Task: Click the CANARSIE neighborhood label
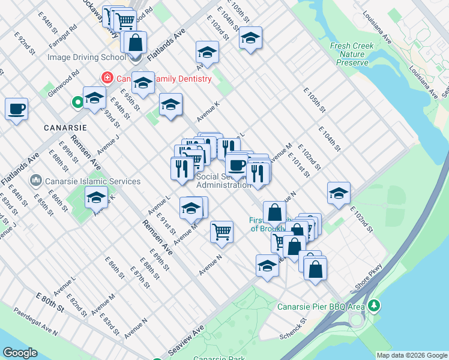coord(65,128)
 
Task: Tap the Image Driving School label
coord(86,58)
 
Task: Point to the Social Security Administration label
coord(223,181)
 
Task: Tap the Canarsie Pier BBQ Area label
coord(321,307)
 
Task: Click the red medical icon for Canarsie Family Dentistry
coord(107,78)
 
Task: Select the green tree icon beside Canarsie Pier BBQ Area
coord(375,306)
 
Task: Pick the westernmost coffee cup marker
coord(17,109)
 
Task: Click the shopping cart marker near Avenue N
coord(222,231)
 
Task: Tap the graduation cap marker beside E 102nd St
coord(339,193)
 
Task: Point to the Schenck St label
coord(293,328)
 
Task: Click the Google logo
coord(20,353)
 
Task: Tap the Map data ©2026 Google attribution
coord(412,355)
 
